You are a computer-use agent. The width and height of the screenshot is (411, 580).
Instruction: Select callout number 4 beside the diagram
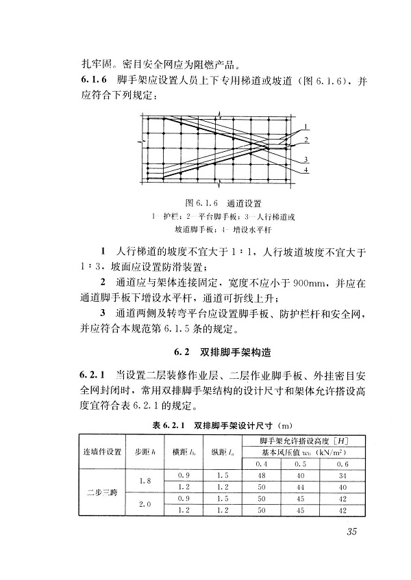tap(307, 170)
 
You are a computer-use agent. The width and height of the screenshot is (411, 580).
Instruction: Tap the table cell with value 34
tap(342, 474)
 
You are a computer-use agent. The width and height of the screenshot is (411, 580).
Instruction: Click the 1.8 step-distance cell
tap(145, 480)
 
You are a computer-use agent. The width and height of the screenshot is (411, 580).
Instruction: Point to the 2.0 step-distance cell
tap(145, 505)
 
